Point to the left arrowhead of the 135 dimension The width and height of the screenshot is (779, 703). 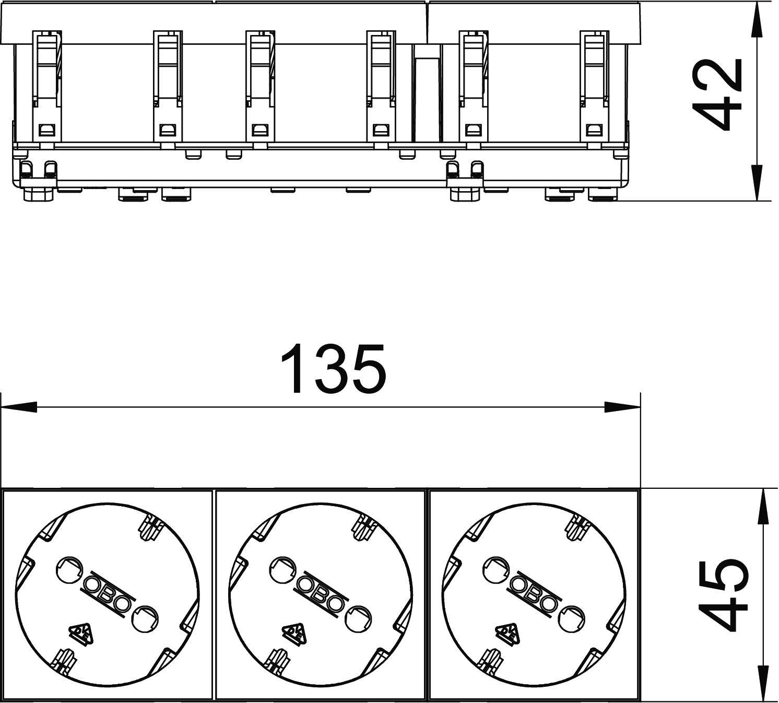[x=19, y=407]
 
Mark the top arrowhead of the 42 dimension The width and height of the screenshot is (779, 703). [x=757, y=21]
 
